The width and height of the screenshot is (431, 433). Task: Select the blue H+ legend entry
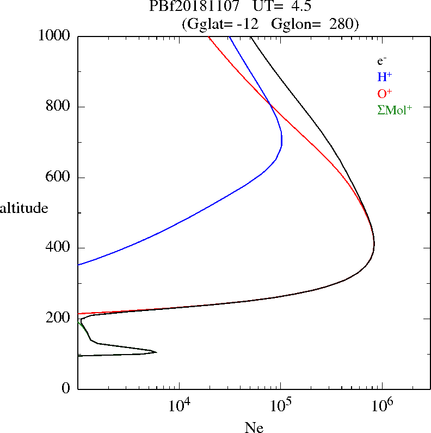coord(385,77)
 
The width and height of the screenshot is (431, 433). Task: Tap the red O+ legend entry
coord(385,93)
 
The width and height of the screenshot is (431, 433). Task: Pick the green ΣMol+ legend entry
coord(395,109)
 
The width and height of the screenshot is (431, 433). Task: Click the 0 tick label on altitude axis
coord(66,389)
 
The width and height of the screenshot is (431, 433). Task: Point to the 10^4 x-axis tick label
coord(180,406)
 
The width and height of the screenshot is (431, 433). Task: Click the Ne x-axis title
coord(254,428)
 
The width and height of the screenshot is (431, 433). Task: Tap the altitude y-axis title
coord(24,208)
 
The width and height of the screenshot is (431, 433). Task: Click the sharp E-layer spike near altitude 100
coord(156,352)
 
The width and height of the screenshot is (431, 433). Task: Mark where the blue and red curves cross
coord(269,103)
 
